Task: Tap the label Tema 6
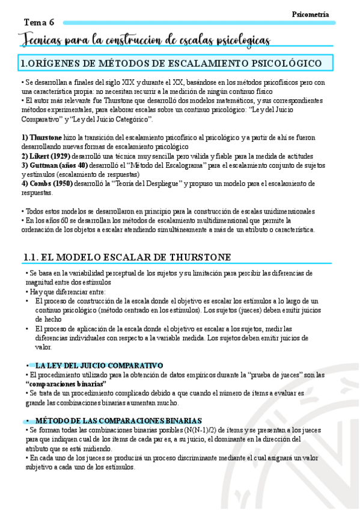pyautogui.click(x=39, y=22)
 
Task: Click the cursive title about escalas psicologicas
pyautogui.click(x=145, y=40)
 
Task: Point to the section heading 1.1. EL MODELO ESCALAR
pyautogui.click(x=127, y=257)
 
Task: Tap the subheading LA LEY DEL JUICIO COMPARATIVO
pyautogui.click(x=99, y=365)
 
